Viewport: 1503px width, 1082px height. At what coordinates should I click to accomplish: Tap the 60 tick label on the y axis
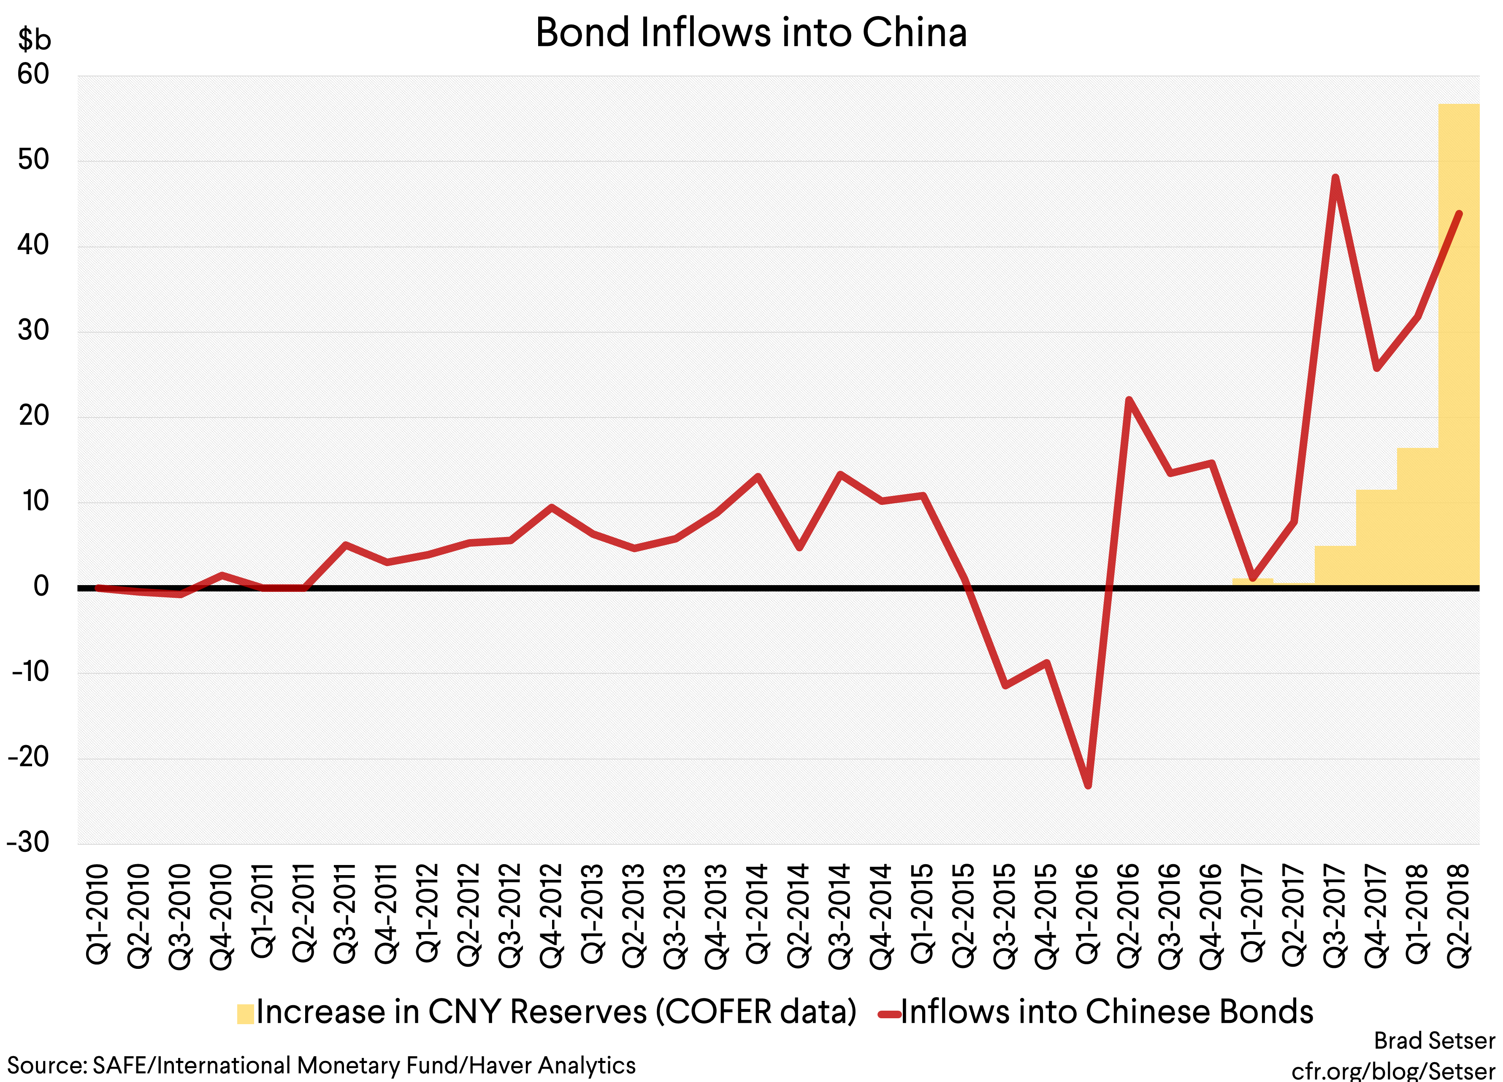tap(33, 74)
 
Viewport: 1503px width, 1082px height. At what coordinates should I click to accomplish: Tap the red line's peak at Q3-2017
tap(1335, 178)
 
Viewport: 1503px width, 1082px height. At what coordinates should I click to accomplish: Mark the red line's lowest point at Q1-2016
tap(1088, 786)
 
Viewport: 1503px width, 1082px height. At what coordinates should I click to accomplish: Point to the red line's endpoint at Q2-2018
tap(1459, 214)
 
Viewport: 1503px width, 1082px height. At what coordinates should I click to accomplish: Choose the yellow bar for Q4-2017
tap(1376, 538)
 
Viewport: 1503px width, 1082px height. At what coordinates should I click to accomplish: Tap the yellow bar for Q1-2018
tap(1417, 517)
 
